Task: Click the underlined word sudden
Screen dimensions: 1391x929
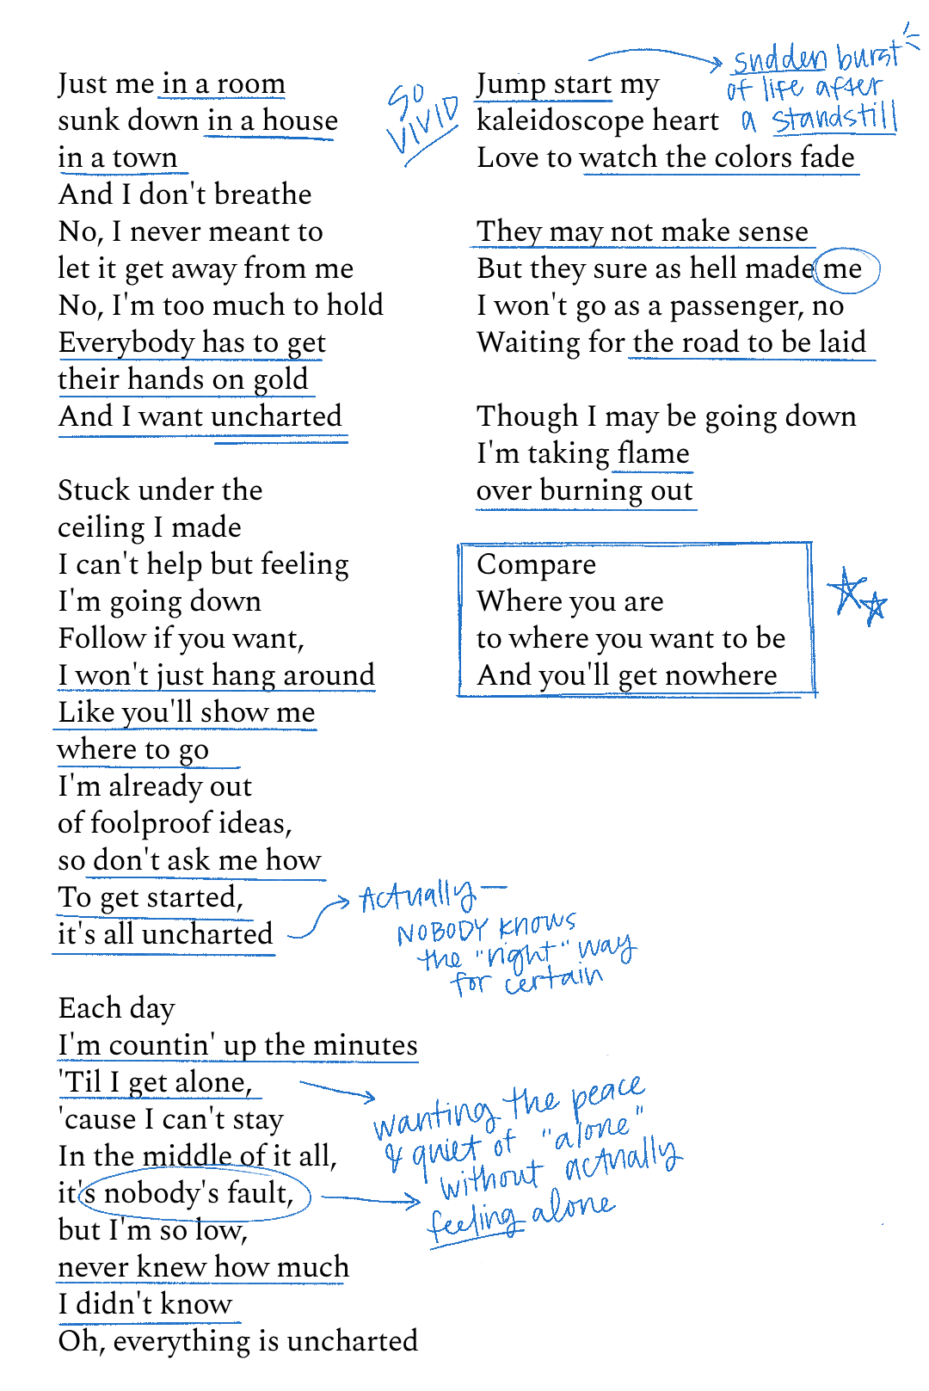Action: pyautogui.click(x=779, y=60)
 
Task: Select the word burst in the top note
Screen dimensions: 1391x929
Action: pyautogui.click(x=867, y=57)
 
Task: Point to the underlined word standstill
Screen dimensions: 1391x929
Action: pyautogui.click(x=834, y=118)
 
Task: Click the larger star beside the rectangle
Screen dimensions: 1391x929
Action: pyautogui.click(x=847, y=591)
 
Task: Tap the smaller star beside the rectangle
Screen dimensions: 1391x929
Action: pyautogui.click(x=874, y=607)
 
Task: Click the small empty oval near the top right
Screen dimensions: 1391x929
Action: pyautogui.click(x=846, y=270)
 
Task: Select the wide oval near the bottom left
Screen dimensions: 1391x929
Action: pyautogui.click(x=194, y=1194)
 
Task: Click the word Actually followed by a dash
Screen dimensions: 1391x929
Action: pyautogui.click(x=417, y=896)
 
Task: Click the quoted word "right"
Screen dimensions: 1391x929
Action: pyautogui.click(x=521, y=953)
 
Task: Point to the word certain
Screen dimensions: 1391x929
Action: pyautogui.click(x=554, y=979)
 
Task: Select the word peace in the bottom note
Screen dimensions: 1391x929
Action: pyautogui.click(x=607, y=1092)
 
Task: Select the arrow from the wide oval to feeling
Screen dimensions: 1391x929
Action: pyautogui.click(x=371, y=1199)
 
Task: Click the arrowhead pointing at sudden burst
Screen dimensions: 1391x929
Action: pyautogui.click(x=716, y=63)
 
